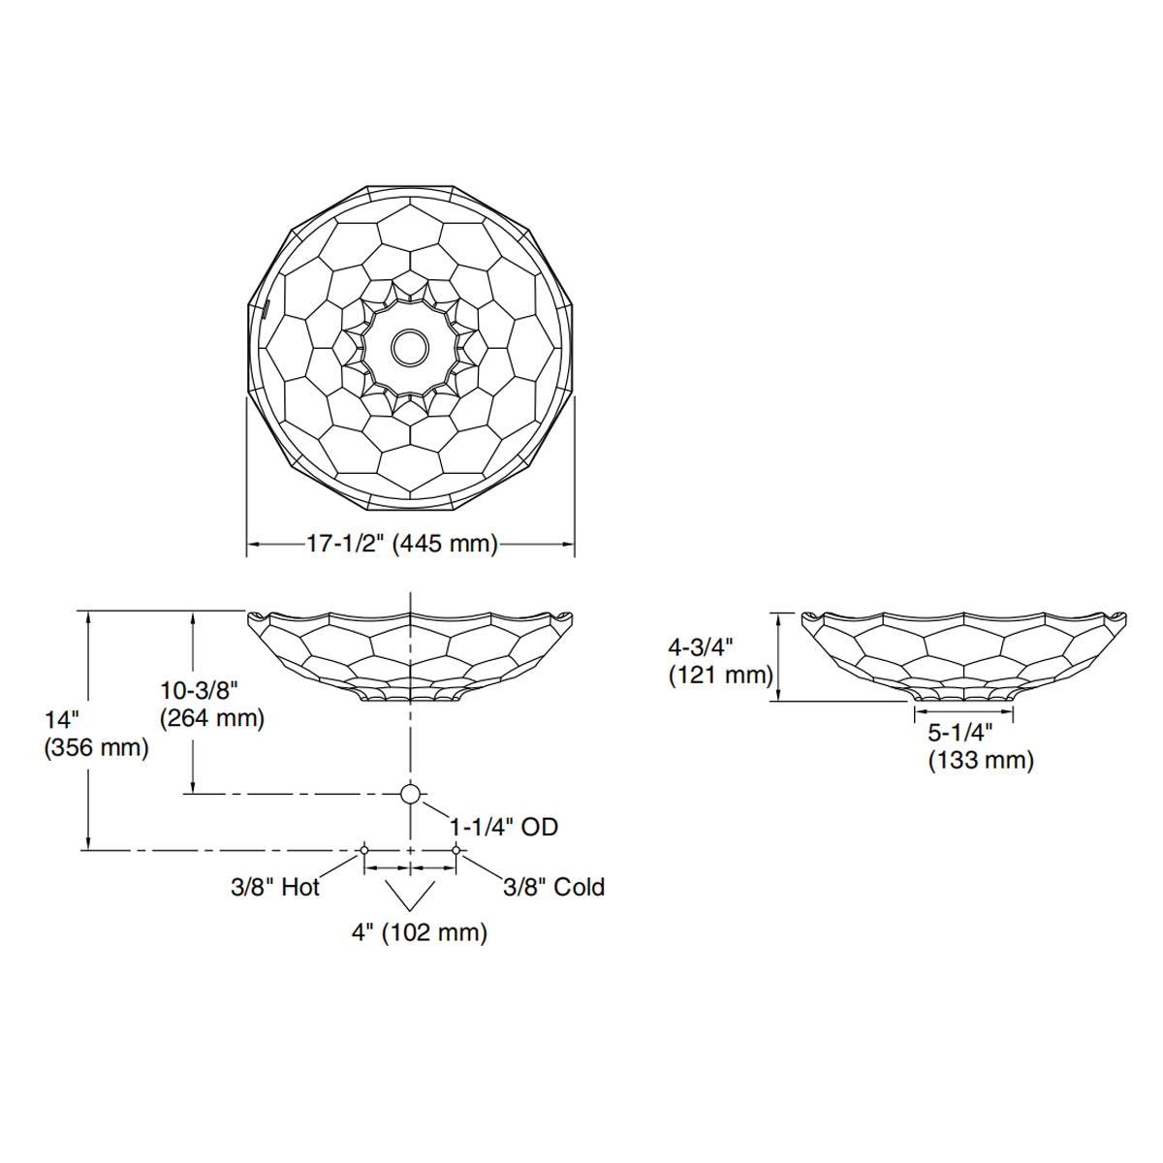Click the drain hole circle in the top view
[411, 346]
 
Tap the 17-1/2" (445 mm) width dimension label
[401, 544]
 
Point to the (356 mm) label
[96, 748]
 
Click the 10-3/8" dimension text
[199, 690]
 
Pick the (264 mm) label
[211, 718]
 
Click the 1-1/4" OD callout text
[504, 827]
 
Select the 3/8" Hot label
[274, 887]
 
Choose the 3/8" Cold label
[553, 887]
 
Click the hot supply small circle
[364, 850]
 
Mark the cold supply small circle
[456, 850]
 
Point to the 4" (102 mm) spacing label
[419, 932]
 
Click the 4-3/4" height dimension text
[702, 646]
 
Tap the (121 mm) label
[720, 675]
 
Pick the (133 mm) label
[981, 761]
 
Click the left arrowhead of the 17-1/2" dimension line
[253, 545]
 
